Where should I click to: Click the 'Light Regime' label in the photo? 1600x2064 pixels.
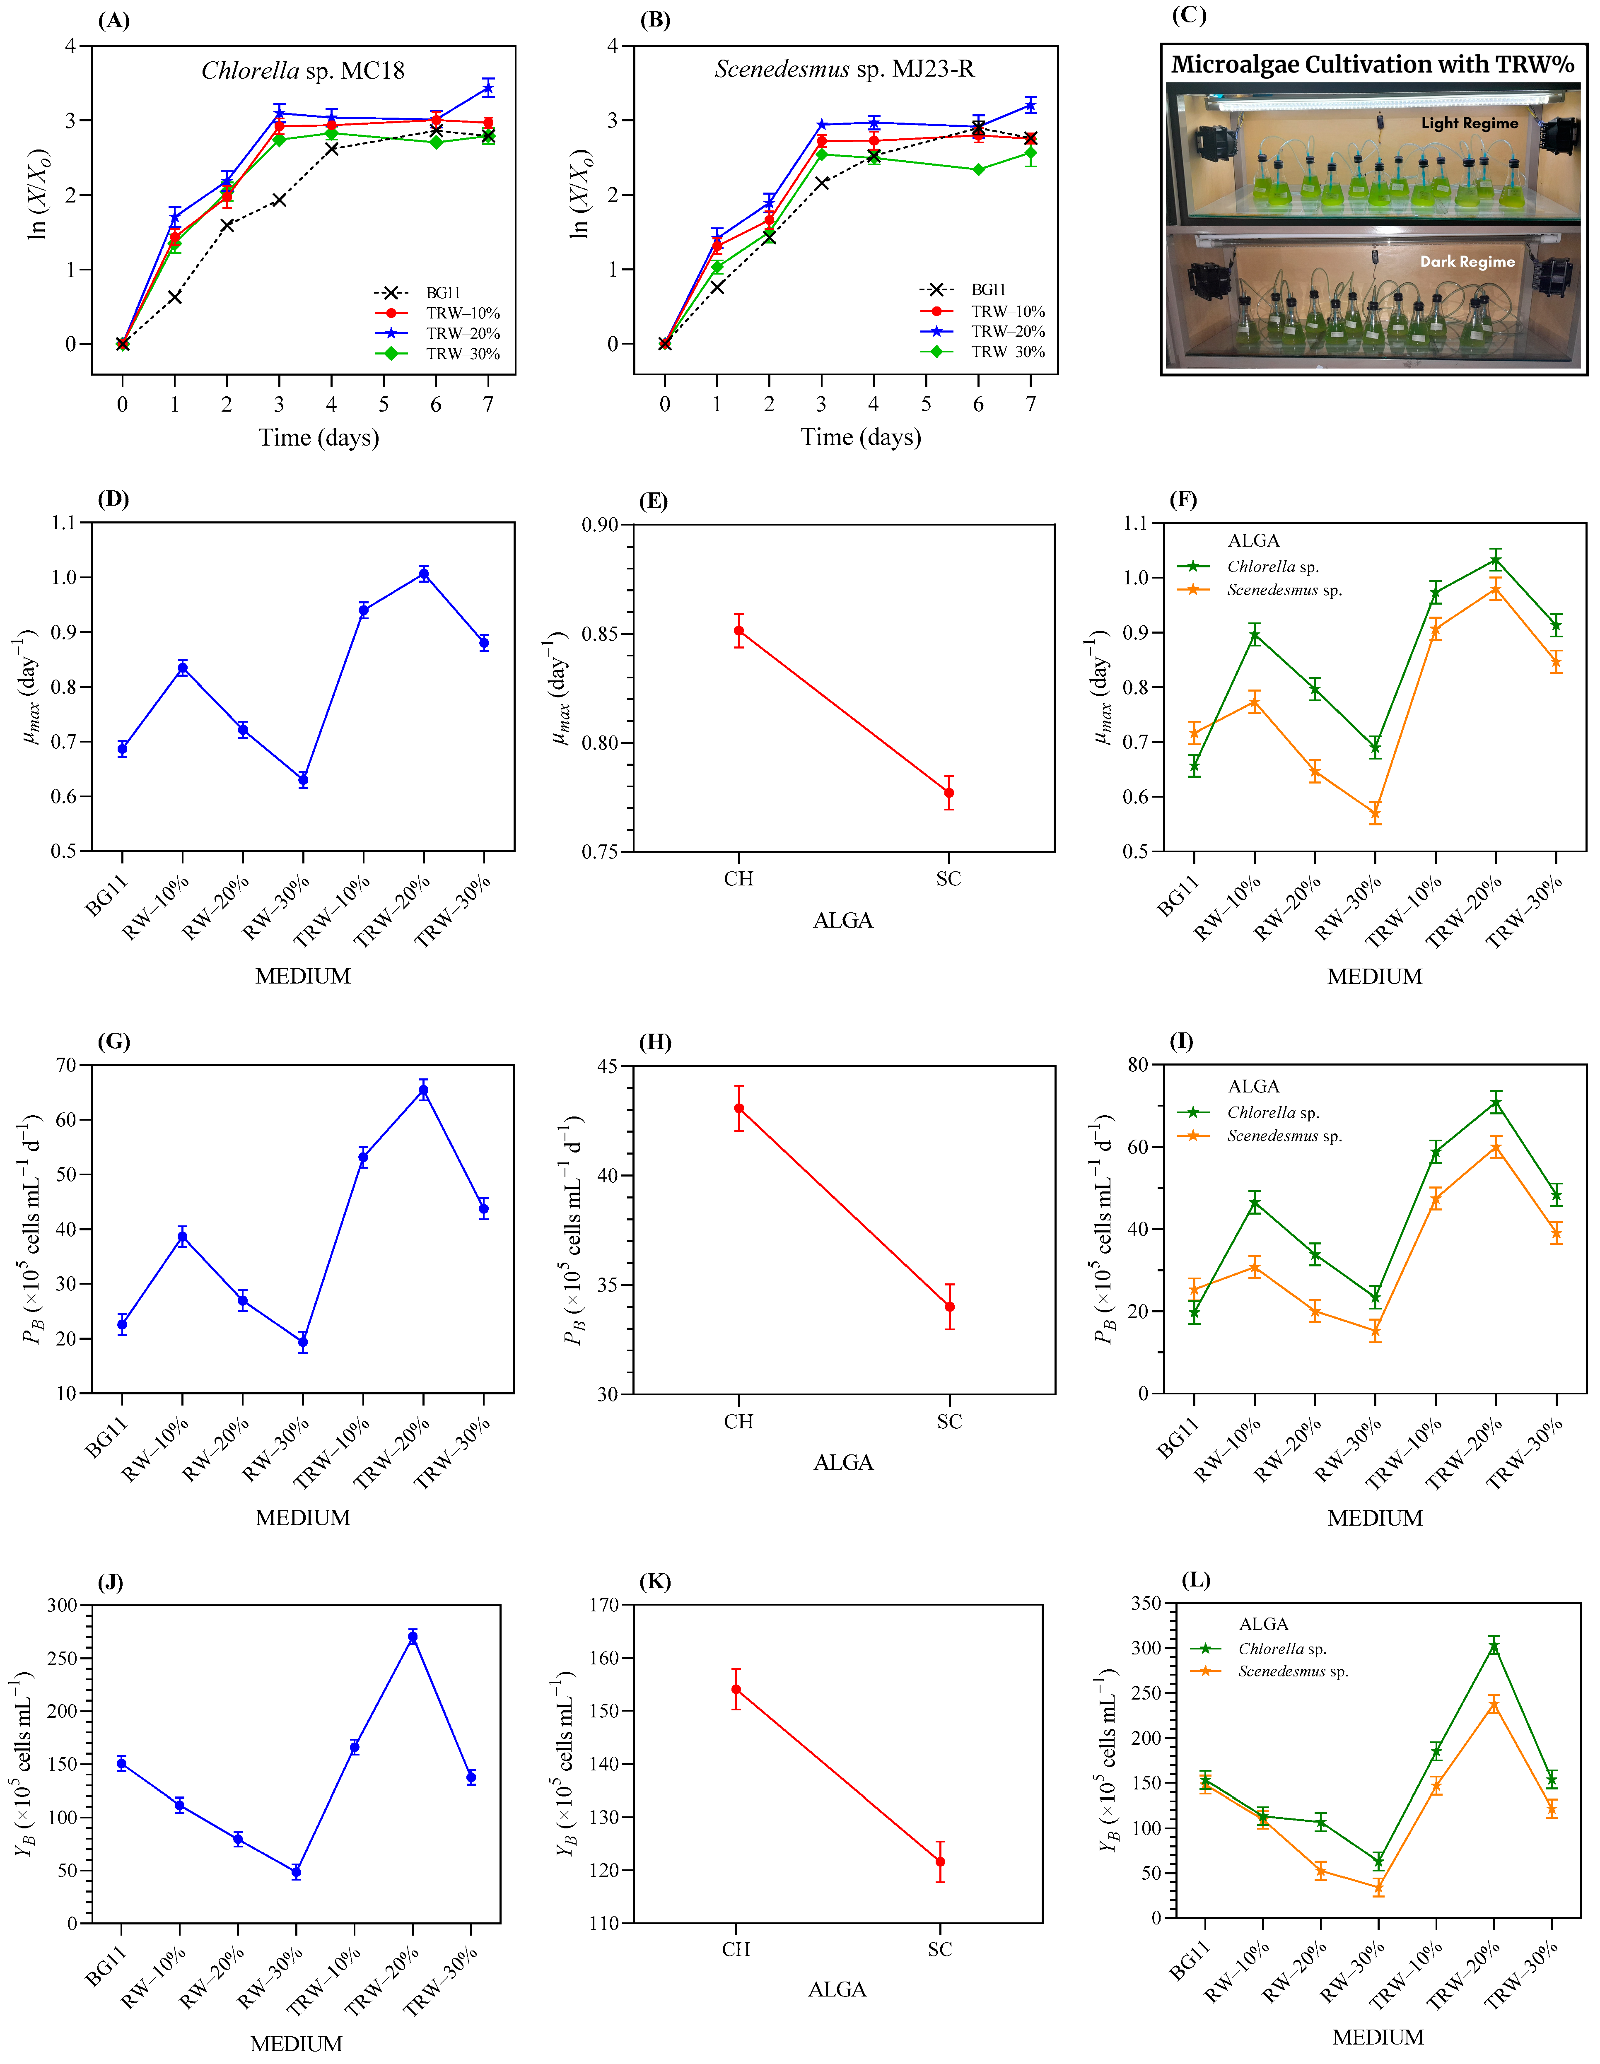click(x=1469, y=123)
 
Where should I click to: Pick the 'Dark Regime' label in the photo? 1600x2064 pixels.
click(x=1467, y=262)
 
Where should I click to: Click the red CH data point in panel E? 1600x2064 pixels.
click(x=739, y=630)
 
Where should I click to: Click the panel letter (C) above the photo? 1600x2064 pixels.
click(x=1189, y=16)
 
